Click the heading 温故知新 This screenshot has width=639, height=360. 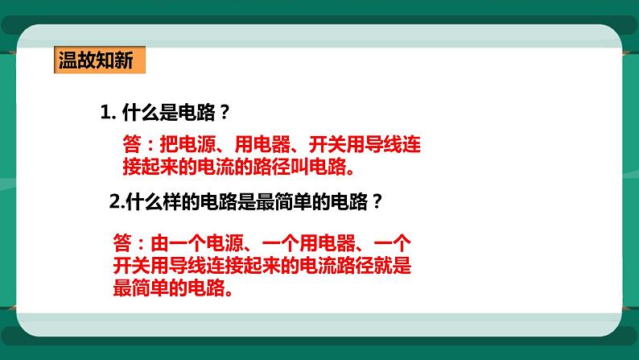(95, 60)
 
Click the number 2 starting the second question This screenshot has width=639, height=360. (113, 203)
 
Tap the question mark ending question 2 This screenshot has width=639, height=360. (375, 203)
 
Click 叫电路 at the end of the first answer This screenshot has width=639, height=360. (328, 167)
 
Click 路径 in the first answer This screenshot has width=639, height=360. (287, 167)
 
